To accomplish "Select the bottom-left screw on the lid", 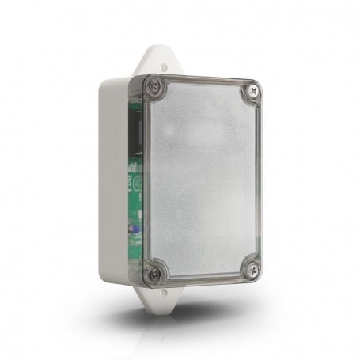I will [154, 274].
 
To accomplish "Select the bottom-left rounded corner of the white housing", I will [104, 277].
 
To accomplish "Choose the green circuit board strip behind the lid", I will [135, 174].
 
